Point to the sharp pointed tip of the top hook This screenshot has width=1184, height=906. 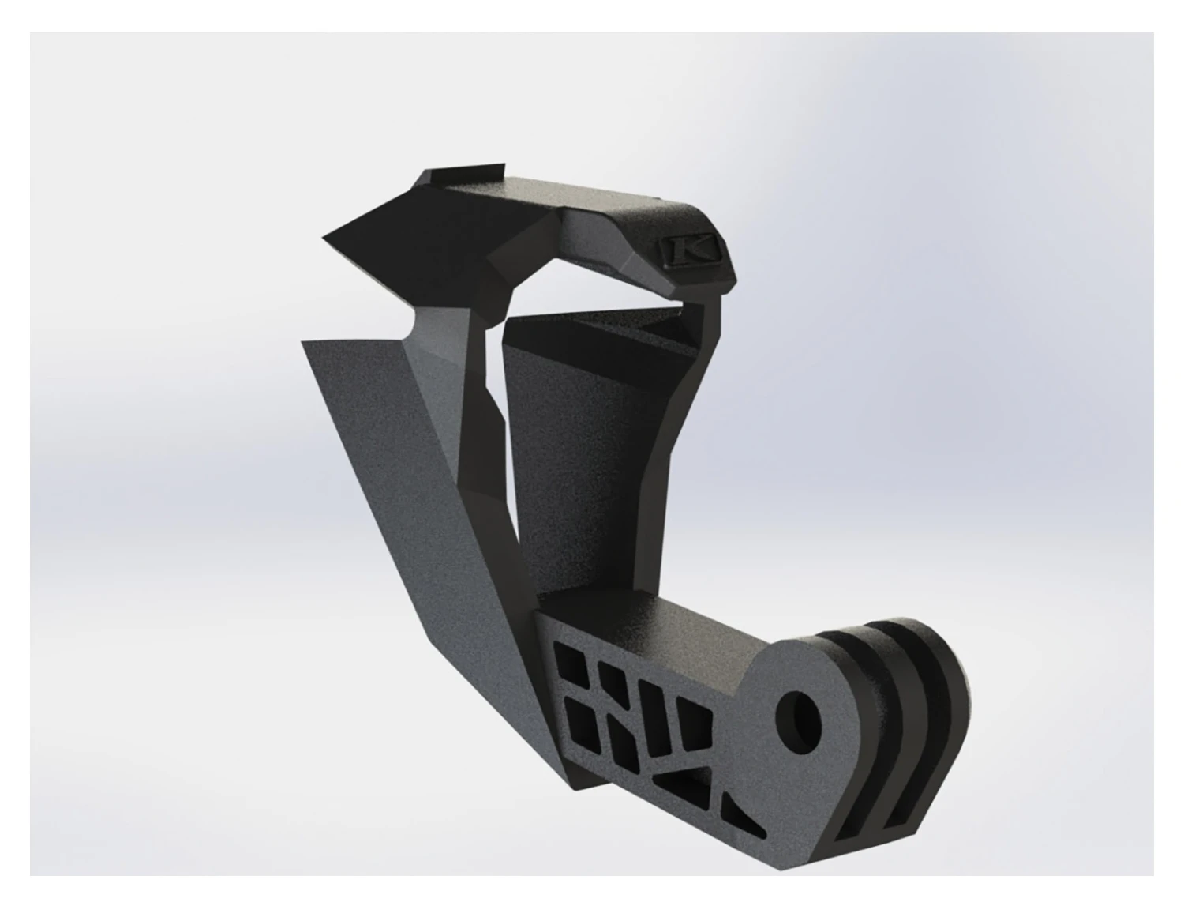pyautogui.click(x=325, y=235)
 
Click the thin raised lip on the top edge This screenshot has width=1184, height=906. pyautogui.click(x=466, y=174)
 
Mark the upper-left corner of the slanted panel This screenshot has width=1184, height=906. pyautogui.click(x=304, y=340)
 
